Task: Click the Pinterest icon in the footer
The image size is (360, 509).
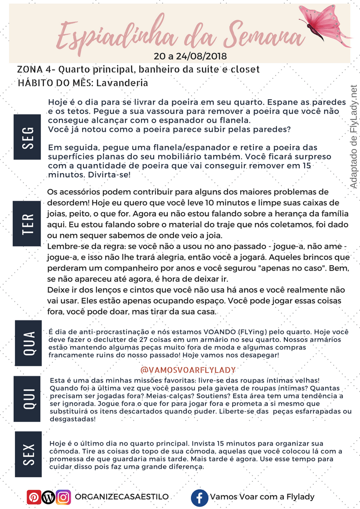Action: pyautogui.click(x=34, y=497)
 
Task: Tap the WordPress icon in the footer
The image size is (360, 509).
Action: pyautogui.click(x=49, y=497)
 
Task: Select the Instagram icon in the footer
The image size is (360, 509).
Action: pyautogui.click(x=64, y=497)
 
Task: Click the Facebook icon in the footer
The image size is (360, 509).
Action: pyautogui.click(x=199, y=497)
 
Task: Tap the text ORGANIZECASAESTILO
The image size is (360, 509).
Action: pyautogui.click(x=122, y=497)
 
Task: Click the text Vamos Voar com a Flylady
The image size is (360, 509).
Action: pyautogui.click(x=262, y=497)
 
